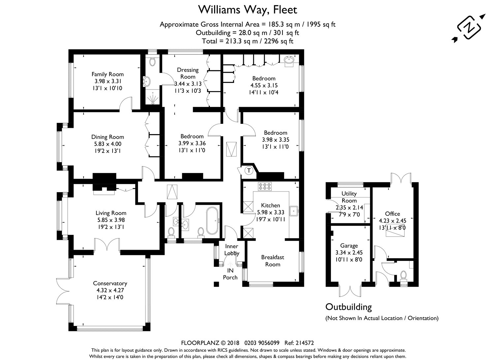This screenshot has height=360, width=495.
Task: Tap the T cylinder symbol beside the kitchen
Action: pos(249,170)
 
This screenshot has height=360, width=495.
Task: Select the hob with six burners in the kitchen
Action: pos(265,186)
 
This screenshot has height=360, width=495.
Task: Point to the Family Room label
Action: pos(108,74)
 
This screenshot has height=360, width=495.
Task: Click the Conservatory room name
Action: pos(110,283)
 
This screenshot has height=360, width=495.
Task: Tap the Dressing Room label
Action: pos(188,73)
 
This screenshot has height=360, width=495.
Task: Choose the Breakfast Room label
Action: pos(273,261)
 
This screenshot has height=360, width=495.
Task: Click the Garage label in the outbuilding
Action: pos(349,246)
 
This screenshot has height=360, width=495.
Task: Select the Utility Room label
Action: pos(349,197)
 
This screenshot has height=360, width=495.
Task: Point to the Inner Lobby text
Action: pos(232,250)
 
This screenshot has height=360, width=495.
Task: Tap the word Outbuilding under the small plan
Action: pos(348,307)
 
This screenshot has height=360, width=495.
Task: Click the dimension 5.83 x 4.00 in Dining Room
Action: pos(108,144)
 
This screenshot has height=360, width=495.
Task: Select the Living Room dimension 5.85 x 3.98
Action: pos(111,220)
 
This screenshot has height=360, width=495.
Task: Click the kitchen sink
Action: pos(294,211)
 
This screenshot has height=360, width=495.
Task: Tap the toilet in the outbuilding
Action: pos(404,276)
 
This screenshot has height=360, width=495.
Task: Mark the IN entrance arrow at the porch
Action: pos(230,264)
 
